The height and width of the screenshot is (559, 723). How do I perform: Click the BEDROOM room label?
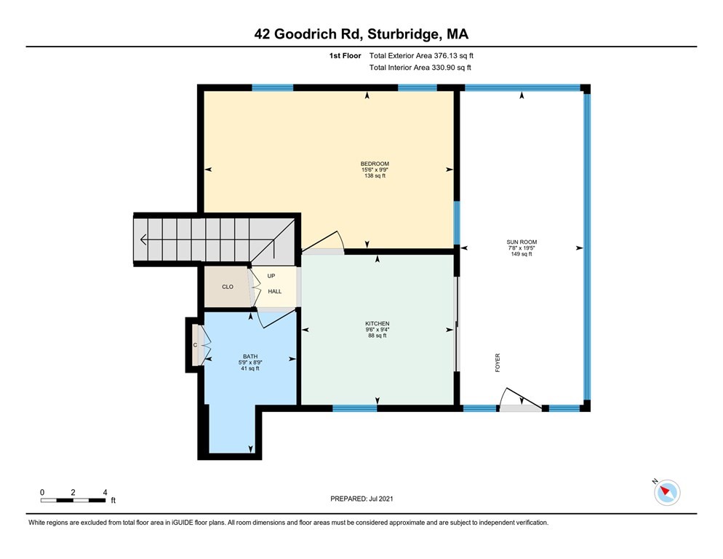(375, 164)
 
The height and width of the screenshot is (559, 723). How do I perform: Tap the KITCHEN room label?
(378, 324)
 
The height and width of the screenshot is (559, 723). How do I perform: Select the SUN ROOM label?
(522, 242)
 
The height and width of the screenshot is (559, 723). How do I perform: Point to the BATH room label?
(250, 357)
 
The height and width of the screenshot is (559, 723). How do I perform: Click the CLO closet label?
(228, 287)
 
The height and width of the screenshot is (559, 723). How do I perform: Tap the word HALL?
(275, 291)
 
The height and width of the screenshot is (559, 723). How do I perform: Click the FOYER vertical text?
(498, 362)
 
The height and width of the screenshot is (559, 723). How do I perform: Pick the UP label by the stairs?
(271, 276)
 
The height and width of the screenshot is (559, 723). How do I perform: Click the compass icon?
(667, 493)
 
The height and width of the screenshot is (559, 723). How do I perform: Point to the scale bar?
(73, 500)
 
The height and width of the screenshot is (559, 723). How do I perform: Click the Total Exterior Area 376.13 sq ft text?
(421, 56)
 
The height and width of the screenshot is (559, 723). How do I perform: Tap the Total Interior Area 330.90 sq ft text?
(420, 68)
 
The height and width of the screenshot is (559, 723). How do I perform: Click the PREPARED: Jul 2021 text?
(361, 499)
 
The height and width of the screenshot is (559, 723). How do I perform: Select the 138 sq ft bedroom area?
(375, 176)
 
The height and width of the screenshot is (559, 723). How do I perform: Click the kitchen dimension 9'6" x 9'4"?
(378, 330)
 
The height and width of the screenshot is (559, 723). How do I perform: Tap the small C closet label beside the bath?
(195, 345)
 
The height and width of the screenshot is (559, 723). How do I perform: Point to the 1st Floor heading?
(345, 56)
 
